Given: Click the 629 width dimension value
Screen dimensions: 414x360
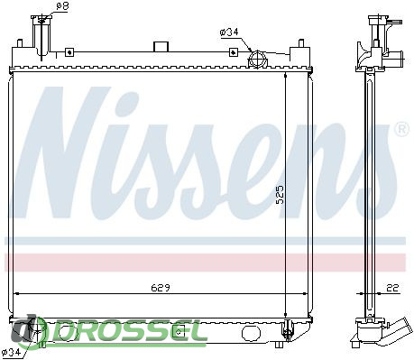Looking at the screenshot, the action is pos(161,288).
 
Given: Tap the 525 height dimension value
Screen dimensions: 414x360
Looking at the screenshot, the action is pos(280,195).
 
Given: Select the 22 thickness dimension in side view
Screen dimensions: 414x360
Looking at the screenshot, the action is pos(392,288).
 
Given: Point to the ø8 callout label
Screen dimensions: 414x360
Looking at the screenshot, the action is pos(62,6).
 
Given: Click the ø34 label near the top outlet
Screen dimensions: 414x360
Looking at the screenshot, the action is pos(229,32).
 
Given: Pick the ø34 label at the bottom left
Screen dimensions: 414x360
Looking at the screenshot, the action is pos(11,352).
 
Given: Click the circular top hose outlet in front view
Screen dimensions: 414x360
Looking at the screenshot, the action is pos(257,59).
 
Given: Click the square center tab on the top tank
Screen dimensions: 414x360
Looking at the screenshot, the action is pos(161,47).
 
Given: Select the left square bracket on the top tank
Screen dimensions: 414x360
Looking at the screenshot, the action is pos(69,52).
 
